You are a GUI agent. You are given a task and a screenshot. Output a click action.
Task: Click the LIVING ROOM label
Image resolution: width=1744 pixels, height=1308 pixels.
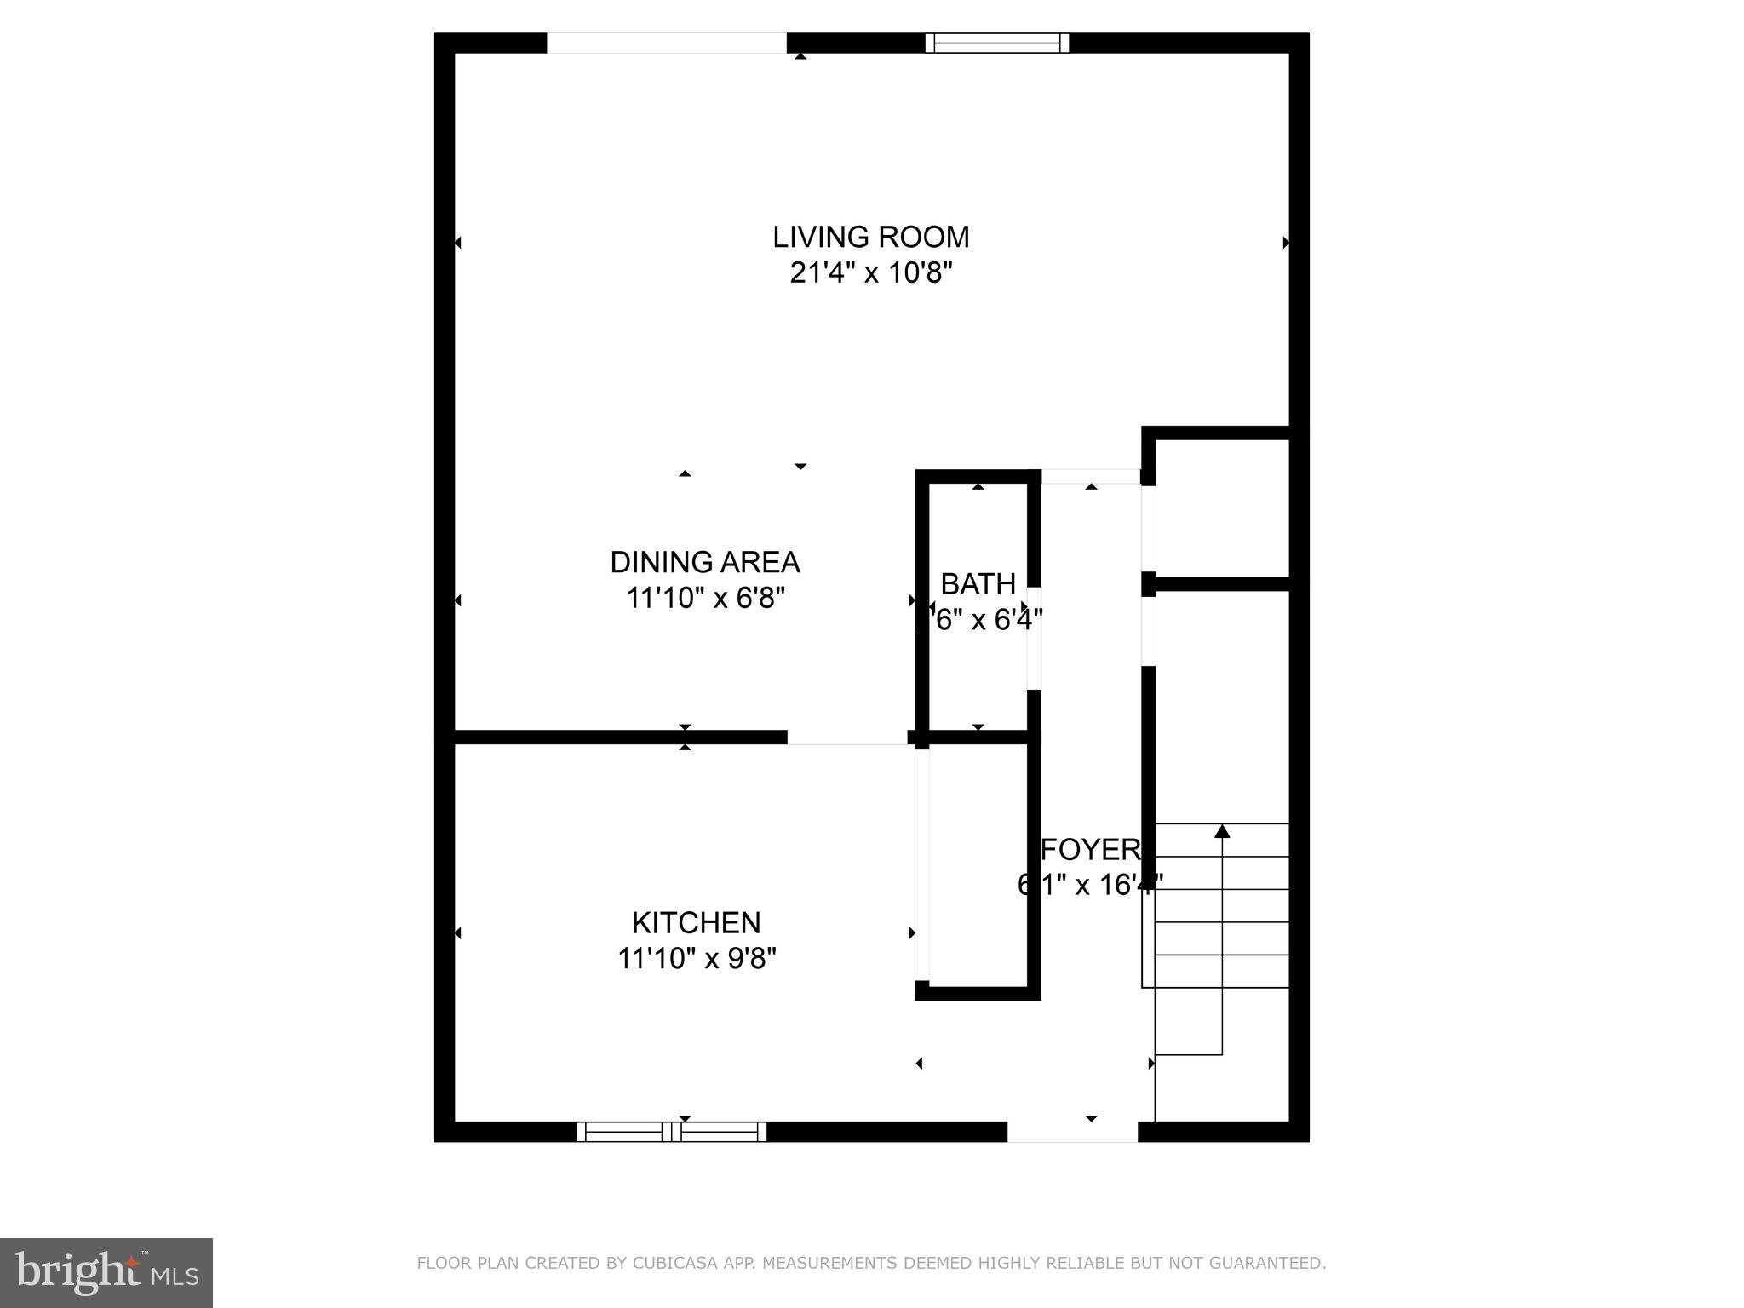coord(870,237)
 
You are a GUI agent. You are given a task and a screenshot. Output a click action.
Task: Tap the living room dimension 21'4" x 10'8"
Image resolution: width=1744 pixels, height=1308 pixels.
coord(870,273)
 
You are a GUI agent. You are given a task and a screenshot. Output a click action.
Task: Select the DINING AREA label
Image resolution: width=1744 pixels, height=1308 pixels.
coord(704,562)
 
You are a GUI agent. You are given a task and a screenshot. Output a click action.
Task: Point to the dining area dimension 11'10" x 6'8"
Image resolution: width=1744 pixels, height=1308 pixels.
coord(704,599)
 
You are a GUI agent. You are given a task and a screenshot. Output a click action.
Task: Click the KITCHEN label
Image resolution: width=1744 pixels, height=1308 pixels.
coord(696,922)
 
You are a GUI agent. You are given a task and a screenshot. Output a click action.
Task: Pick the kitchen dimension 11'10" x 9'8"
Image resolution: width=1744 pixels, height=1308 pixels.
coord(696,959)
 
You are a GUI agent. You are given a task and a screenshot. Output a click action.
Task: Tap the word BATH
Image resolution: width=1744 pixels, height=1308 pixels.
coord(978,584)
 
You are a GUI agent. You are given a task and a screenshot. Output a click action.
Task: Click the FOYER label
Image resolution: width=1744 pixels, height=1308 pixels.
coord(1091,849)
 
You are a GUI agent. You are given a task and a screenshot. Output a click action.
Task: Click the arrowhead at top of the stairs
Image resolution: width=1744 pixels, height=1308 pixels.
coord(1222,830)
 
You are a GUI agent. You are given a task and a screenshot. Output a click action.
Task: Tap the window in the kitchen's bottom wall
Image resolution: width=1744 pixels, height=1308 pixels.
coord(671,1132)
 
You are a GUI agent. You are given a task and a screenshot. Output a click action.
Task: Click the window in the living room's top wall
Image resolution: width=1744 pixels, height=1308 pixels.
coord(996,43)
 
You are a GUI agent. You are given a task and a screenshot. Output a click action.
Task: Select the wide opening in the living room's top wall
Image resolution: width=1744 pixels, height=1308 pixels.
coord(666,43)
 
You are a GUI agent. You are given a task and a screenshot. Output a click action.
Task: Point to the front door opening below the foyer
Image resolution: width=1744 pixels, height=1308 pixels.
coord(1072,1132)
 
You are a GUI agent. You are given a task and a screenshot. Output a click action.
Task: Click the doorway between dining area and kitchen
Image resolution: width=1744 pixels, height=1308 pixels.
coord(846,737)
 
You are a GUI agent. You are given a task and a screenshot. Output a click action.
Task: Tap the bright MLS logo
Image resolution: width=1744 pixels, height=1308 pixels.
coord(106,1272)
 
